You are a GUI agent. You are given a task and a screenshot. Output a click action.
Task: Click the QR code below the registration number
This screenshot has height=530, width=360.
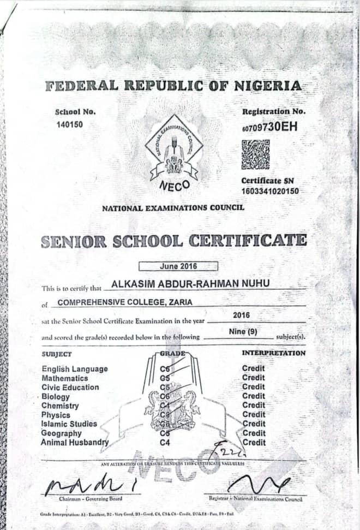point(255,154)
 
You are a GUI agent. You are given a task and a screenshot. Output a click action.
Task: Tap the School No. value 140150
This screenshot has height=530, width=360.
point(69,124)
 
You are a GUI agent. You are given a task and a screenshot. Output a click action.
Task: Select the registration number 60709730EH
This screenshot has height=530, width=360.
point(271,129)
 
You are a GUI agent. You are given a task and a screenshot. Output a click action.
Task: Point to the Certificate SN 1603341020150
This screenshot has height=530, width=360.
point(271,191)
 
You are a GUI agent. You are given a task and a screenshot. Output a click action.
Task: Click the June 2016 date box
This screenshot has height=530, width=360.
point(178,266)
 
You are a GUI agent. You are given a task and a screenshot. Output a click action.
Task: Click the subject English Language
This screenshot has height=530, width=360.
point(75,369)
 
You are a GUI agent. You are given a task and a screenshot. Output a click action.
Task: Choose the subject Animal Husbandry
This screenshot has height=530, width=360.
point(75,443)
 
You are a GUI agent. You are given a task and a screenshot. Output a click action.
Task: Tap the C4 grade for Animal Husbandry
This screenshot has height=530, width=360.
point(165,443)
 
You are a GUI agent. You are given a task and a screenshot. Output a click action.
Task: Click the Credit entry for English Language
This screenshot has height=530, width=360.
point(254,369)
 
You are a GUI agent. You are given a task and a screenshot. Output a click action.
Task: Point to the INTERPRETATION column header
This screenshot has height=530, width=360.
point(273,353)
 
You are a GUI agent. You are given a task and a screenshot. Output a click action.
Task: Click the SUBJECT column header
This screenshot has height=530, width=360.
point(57,354)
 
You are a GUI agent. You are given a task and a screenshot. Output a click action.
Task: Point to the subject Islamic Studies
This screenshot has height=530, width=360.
point(69,424)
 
